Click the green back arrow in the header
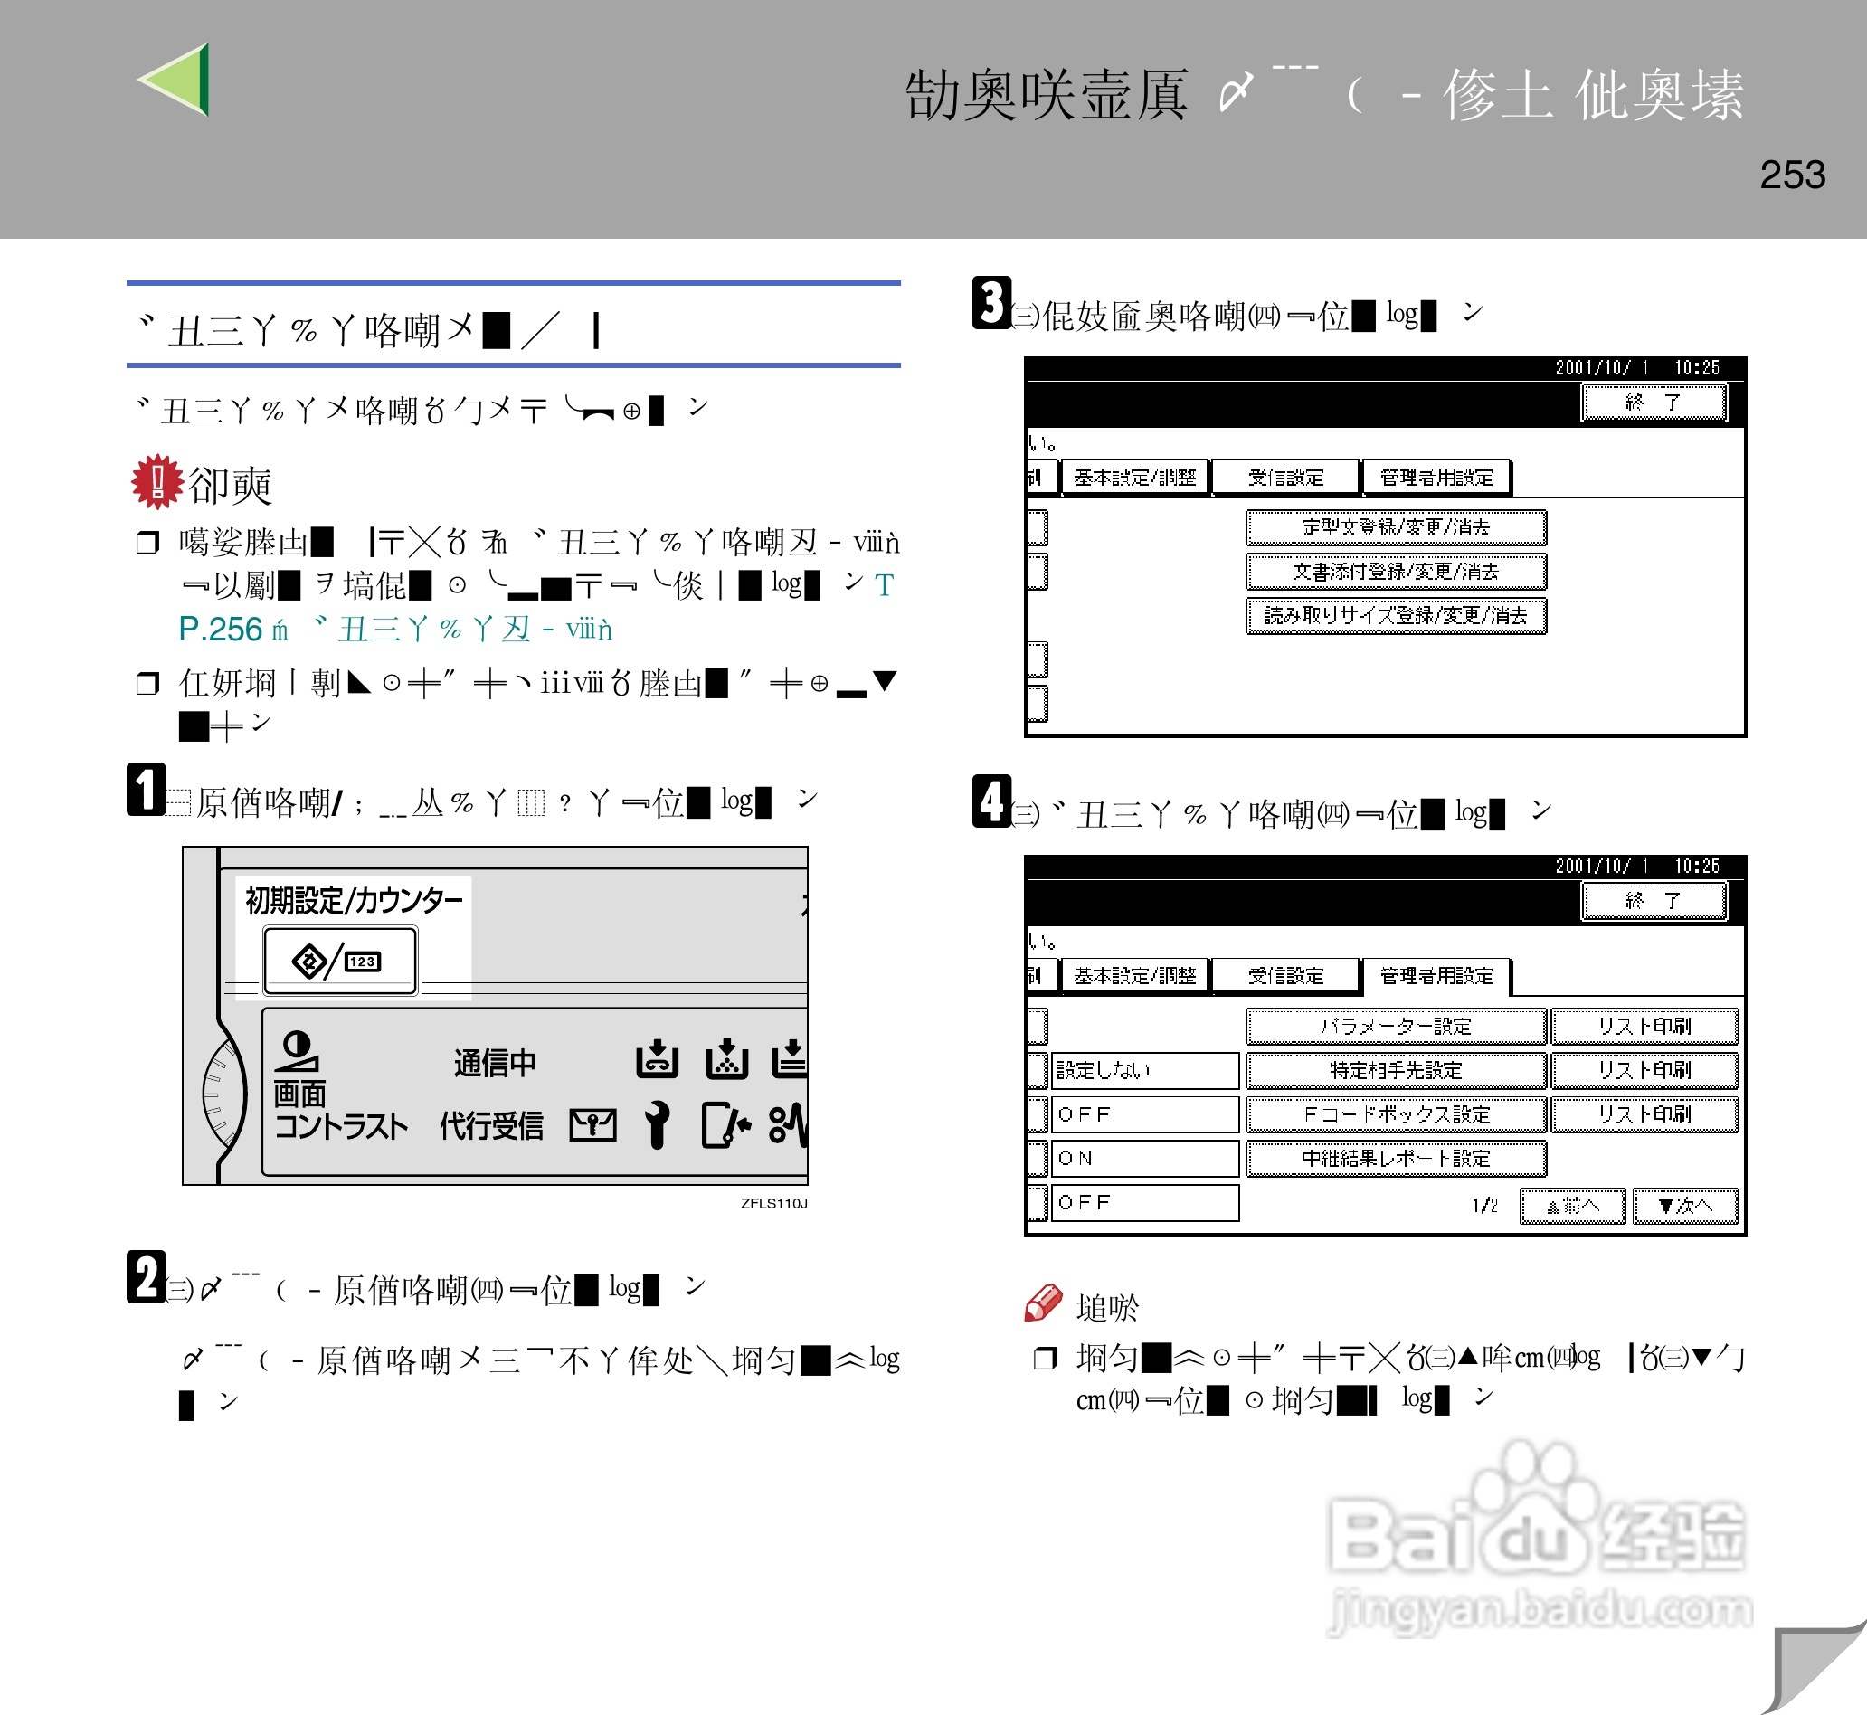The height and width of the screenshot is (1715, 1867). (176, 80)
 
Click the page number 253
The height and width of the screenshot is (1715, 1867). (1792, 175)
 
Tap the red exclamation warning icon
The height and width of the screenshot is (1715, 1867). (156, 480)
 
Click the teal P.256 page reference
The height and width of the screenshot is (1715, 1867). (220, 630)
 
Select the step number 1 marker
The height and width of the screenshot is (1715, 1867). (146, 790)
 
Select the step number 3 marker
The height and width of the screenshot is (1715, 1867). (991, 302)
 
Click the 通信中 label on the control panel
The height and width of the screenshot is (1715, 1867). (495, 1063)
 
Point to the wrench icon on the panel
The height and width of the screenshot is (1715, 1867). (657, 1124)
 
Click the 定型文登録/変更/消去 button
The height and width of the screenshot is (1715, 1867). (1395, 527)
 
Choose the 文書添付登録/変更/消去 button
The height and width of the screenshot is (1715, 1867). (1395, 572)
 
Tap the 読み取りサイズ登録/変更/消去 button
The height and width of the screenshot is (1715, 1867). (1395, 615)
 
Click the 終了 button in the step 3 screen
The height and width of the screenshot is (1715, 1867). (1653, 403)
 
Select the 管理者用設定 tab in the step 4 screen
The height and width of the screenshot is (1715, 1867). (1436, 975)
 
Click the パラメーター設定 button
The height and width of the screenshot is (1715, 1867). (1395, 1027)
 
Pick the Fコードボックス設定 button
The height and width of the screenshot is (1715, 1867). (1395, 1114)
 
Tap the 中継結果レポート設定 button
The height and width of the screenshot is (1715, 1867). (1395, 1158)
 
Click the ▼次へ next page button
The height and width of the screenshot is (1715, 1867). (1684, 1206)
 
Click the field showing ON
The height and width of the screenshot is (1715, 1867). (1145, 1158)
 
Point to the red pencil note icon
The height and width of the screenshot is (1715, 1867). (1043, 1303)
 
